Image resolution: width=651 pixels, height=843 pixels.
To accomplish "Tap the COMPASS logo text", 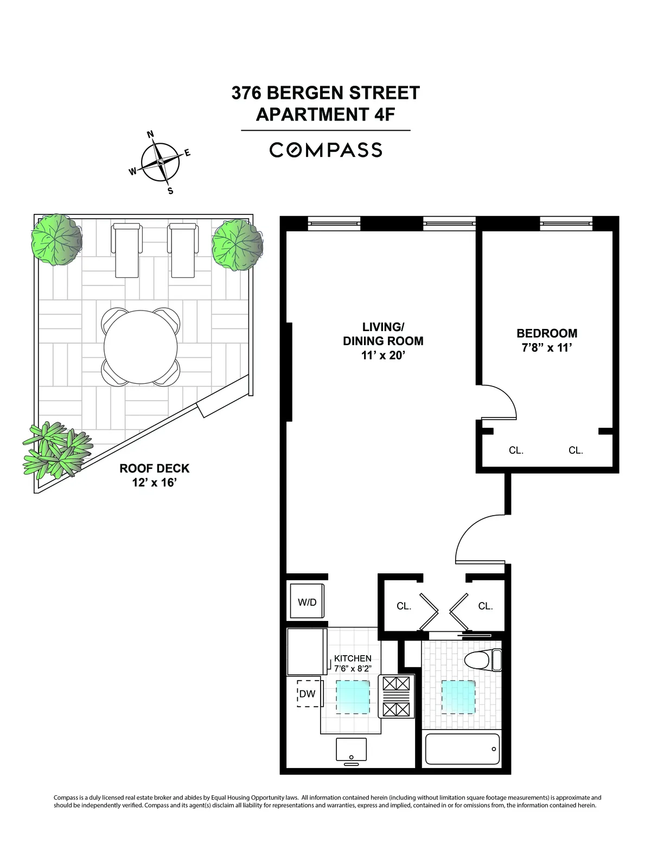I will [325, 150].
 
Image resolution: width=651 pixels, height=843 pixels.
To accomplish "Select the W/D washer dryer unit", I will [307, 601].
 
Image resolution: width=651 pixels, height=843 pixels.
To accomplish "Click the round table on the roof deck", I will [141, 347].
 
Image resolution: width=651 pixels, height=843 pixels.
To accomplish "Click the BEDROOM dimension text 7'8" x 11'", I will [546, 348].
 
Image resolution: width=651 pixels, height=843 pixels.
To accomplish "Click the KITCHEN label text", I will [353, 658].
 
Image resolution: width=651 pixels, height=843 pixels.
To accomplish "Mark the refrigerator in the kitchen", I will [307, 651].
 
